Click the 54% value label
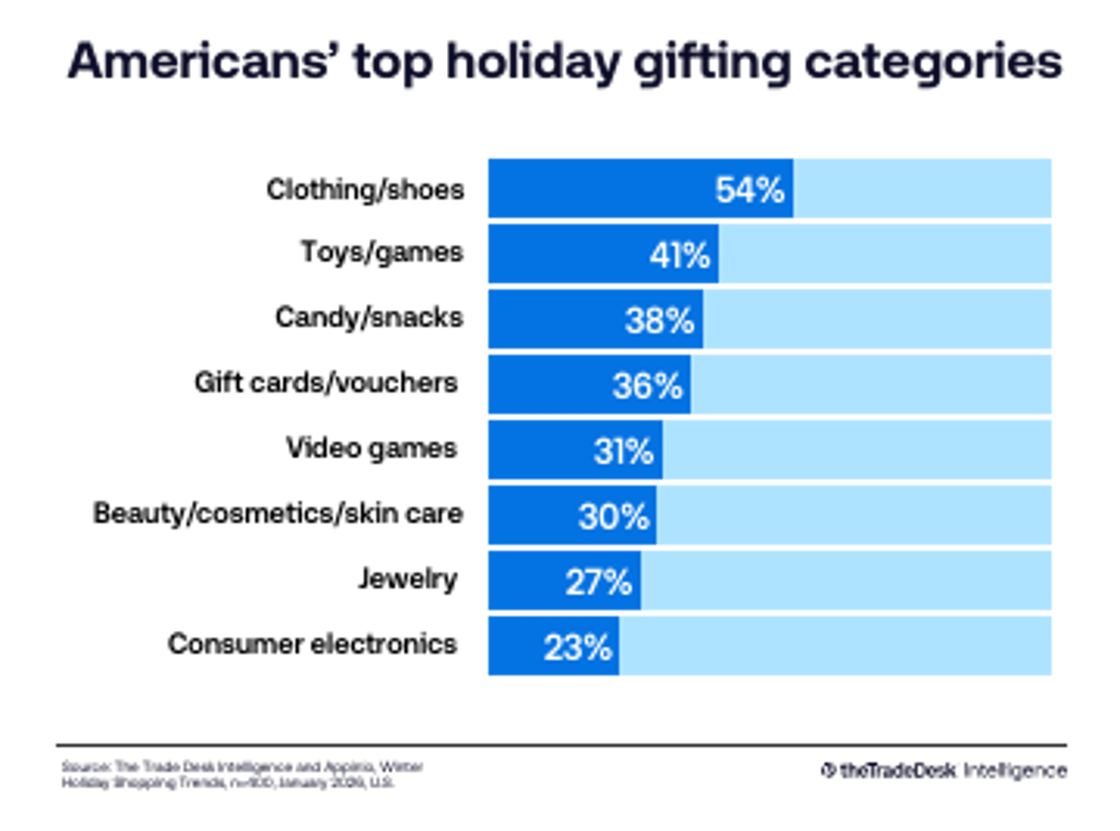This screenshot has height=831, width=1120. (x=750, y=190)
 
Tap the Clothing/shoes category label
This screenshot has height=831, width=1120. (x=365, y=190)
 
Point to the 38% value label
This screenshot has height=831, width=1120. (x=659, y=320)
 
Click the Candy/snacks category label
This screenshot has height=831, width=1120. (x=369, y=318)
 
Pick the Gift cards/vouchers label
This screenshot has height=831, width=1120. (x=326, y=383)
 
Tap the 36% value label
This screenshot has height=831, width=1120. (x=647, y=385)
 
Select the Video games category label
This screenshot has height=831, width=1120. (x=371, y=448)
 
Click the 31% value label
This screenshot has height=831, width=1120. (x=623, y=451)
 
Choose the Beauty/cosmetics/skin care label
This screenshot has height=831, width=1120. (x=277, y=514)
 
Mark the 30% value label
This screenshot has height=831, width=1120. (x=613, y=517)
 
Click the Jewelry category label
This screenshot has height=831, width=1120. (x=407, y=579)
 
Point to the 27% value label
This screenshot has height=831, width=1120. (x=598, y=582)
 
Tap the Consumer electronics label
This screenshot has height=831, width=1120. (x=312, y=644)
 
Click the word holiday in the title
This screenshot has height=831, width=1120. (x=532, y=62)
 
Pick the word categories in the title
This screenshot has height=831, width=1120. (x=933, y=62)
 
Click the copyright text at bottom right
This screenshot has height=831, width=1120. (x=945, y=770)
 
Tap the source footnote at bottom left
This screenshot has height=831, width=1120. (x=241, y=776)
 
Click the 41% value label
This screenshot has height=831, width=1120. (x=679, y=255)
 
